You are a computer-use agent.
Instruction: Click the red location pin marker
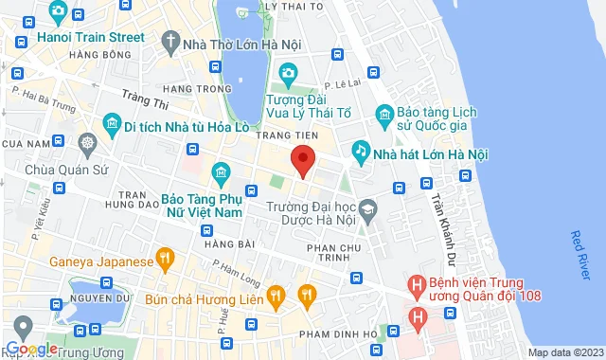pyautogui.click(x=302, y=161)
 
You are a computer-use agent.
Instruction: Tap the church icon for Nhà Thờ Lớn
pyautogui.click(x=169, y=41)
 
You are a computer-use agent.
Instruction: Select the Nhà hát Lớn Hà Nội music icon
pyautogui.click(x=361, y=151)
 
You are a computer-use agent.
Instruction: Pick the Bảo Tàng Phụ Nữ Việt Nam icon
pyautogui.click(x=222, y=172)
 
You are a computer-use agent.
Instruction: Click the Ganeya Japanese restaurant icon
pyautogui.click(x=165, y=257)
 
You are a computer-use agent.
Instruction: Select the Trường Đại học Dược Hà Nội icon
pyautogui.click(x=366, y=207)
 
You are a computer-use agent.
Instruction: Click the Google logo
pyautogui.click(x=30, y=349)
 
